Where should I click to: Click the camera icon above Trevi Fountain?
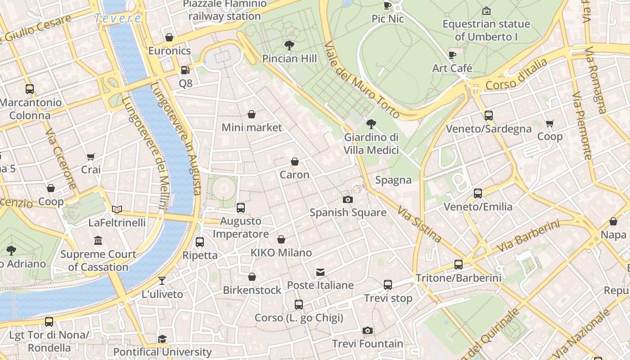tap(368, 331)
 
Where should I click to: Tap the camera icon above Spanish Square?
tap(347, 199)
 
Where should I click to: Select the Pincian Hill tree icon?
tap(289, 45)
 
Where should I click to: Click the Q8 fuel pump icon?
tap(185, 70)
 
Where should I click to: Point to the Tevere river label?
tap(118, 18)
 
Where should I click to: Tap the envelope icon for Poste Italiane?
tap(320, 272)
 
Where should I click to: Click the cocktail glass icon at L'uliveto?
tap(162, 281)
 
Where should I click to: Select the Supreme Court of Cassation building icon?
tap(98, 241)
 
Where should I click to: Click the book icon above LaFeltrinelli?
tap(117, 209)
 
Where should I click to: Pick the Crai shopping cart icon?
tap(91, 157)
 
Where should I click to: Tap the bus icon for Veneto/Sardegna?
tap(489, 116)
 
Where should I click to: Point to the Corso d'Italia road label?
tap(517, 75)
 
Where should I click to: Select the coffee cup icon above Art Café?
tap(452, 55)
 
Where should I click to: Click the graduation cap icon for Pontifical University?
tap(162, 339)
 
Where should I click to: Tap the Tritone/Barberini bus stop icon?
tap(459, 265)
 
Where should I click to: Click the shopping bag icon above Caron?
tap(295, 162)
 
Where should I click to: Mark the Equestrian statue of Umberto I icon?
tap(486, 10)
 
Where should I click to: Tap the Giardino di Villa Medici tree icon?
tap(371, 124)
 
